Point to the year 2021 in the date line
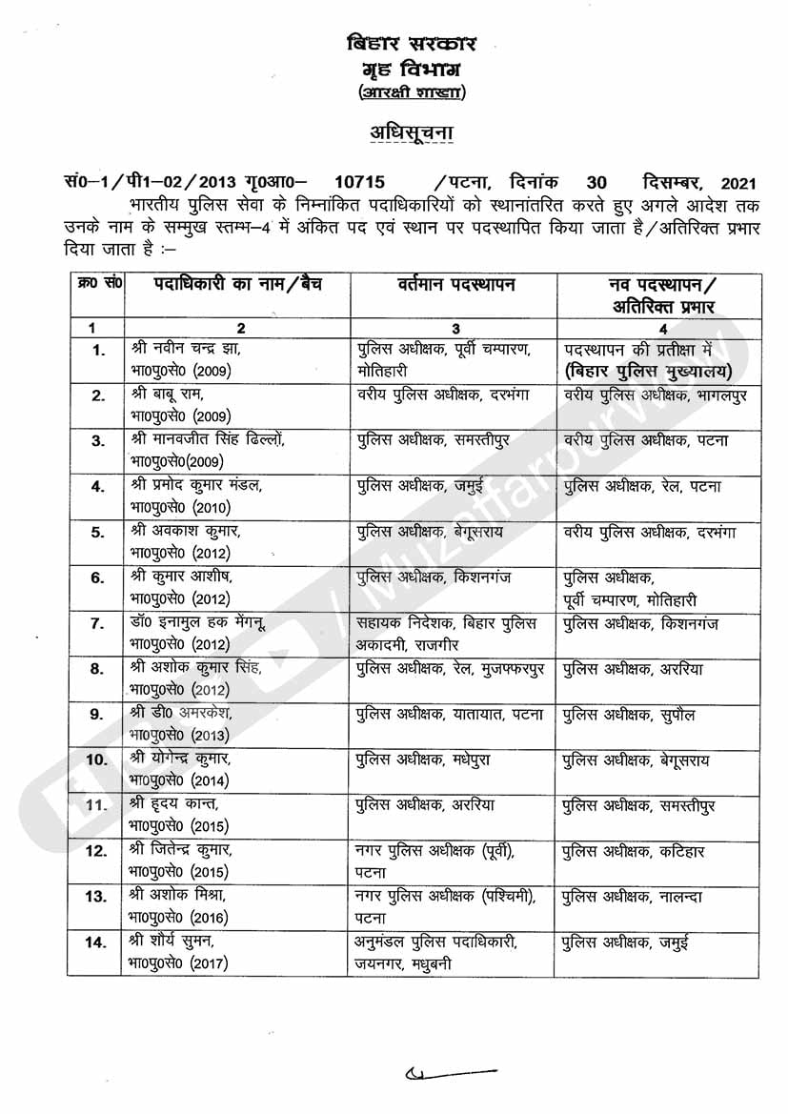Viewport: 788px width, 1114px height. point(739,181)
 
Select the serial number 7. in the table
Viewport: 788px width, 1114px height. point(97,623)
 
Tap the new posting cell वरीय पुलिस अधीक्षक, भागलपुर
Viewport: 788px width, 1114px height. point(655,394)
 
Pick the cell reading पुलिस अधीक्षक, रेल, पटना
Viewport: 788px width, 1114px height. point(641,486)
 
